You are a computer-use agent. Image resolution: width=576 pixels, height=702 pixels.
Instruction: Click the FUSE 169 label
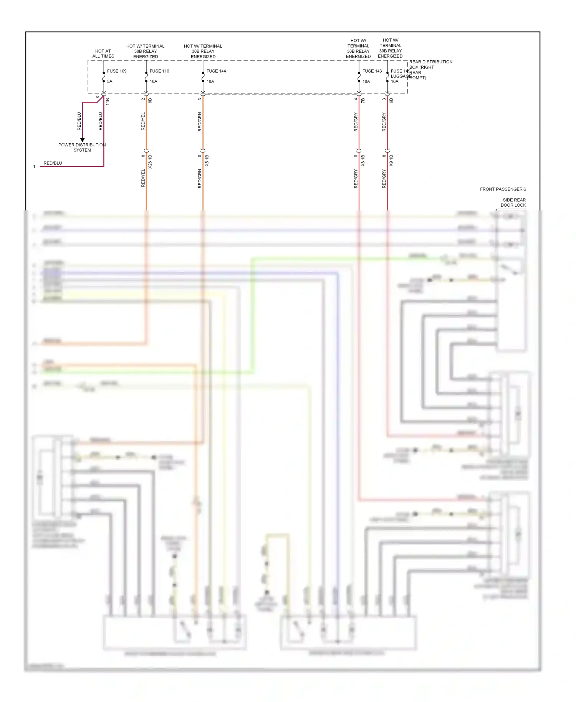coord(116,71)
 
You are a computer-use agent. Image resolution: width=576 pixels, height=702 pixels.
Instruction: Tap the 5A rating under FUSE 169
coord(109,81)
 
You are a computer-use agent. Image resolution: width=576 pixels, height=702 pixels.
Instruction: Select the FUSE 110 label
coord(159,71)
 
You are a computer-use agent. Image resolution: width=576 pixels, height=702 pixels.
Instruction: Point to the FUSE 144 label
coord(216,71)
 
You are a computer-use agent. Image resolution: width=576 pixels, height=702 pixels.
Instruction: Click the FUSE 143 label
coord(372,71)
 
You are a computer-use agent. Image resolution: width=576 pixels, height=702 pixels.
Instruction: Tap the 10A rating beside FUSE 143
coord(366,81)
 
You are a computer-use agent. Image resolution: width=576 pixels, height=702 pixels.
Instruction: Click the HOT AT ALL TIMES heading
coord(103,53)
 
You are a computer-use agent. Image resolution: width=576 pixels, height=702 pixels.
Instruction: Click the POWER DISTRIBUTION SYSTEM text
coord(82,147)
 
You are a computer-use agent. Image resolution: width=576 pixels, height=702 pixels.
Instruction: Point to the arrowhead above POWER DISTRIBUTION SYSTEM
coord(82,140)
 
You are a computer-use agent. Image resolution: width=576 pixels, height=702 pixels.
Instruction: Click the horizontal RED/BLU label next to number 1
coord(53,163)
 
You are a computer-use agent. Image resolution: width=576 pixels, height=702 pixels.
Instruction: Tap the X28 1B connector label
coord(150,162)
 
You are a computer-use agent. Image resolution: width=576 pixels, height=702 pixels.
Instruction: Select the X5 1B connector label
coord(207,161)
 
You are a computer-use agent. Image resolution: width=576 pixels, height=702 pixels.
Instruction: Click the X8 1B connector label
coord(363,161)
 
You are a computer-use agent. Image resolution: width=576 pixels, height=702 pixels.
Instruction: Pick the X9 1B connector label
coord(391,161)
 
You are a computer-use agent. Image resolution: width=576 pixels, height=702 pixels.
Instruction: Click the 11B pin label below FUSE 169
coord(108,101)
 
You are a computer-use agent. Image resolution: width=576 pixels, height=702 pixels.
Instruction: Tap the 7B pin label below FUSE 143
coord(363,100)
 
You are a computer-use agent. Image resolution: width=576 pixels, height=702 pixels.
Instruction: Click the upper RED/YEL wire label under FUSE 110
coord(143,121)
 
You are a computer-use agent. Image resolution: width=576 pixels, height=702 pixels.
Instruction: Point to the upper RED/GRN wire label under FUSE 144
coord(200,122)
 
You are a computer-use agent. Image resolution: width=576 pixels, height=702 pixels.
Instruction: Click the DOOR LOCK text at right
coord(513,205)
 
